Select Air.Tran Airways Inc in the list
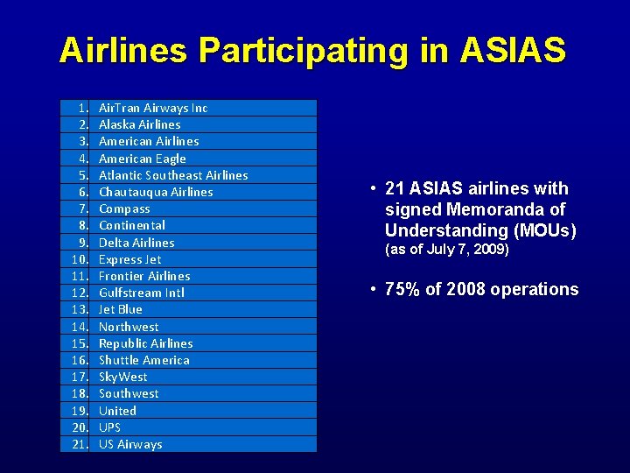pyautogui.click(x=153, y=108)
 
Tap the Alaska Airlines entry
pyautogui.click(x=140, y=124)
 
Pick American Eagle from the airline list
pyautogui.click(x=143, y=159)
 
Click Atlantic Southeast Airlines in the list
pyautogui.click(x=173, y=175)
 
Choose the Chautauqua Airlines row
pyautogui.click(x=156, y=192)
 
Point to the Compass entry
pyautogui.click(x=124, y=208)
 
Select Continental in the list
pyautogui.click(x=132, y=225)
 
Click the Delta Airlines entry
pyautogui.click(x=136, y=243)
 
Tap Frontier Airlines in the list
pyautogui.click(x=144, y=276)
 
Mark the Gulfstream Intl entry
pyautogui.click(x=142, y=293)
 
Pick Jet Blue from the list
pyautogui.click(x=121, y=309)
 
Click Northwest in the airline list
pyautogui.click(x=129, y=327)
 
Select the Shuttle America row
pyautogui.click(x=144, y=360)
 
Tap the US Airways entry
pyautogui.click(x=130, y=444)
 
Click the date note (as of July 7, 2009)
pyautogui.click(x=446, y=250)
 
